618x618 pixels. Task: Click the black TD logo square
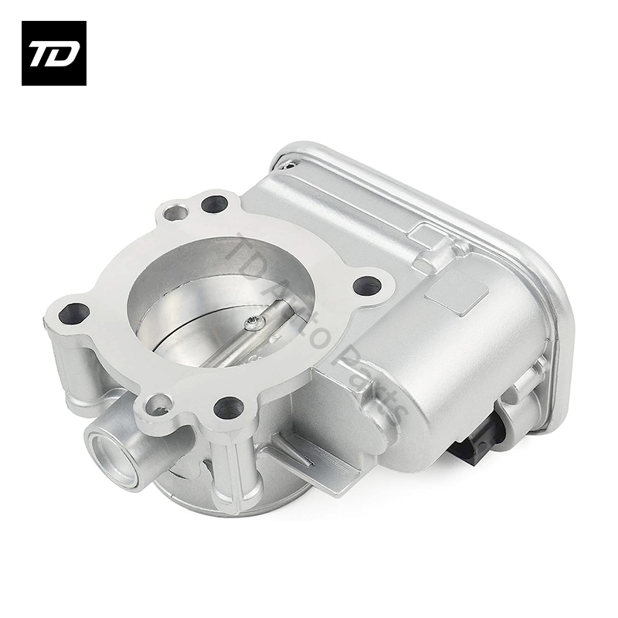point(53,53)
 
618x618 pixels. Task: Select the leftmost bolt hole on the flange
point(73,313)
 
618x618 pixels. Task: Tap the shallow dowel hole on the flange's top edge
point(175,211)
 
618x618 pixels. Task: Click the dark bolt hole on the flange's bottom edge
point(229,406)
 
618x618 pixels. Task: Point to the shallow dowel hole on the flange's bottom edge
point(158,402)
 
